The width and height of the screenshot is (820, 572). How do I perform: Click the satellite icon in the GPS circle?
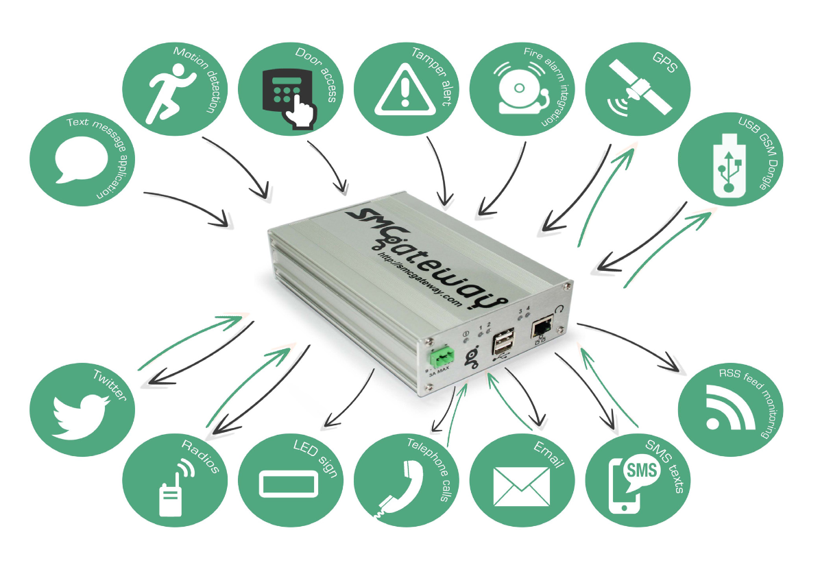pos(639,87)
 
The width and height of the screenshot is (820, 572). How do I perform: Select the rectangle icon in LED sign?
pos(289,484)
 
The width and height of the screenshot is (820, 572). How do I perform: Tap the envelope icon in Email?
pos(521,487)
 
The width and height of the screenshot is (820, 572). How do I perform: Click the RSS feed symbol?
pos(730,407)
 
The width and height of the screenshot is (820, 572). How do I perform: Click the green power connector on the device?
pos(442,356)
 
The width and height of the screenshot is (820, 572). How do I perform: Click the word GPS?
pos(664,62)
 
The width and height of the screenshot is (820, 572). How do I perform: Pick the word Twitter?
pos(110,385)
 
